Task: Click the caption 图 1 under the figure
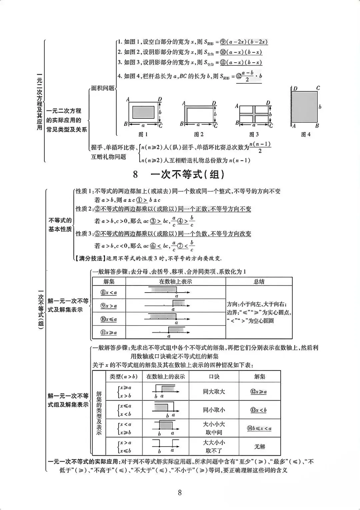tap(143, 134)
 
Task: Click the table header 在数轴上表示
tap(175, 282)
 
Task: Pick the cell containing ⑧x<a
tap(109, 293)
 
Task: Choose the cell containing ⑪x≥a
tap(109, 333)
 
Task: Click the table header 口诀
tap(214, 377)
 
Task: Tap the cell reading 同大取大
tap(214, 392)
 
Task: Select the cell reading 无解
tap(259, 447)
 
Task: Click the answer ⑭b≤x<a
tap(259, 428)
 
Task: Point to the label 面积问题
tap(102, 88)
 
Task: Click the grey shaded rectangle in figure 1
tap(143, 111)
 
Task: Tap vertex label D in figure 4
tap(295, 89)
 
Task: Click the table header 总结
tap(259, 282)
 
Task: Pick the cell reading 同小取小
tap(214, 410)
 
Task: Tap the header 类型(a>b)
tap(123, 377)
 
